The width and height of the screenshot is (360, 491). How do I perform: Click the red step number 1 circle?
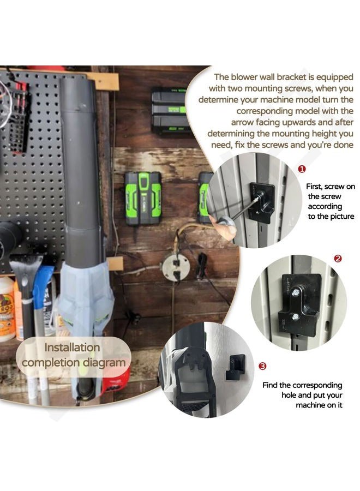coord(302,169)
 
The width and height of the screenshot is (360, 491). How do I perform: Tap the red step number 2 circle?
coord(338,259)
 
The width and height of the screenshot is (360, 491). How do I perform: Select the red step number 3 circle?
coord(262,366)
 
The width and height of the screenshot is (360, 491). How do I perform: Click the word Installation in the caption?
coord(72,348)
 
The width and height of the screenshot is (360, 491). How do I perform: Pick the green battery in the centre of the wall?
coord(143,199)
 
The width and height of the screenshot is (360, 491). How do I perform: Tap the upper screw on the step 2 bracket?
coord(296,292)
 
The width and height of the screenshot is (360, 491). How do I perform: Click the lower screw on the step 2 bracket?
coord(295,317)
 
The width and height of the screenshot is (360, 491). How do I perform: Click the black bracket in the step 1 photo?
coord(261,203)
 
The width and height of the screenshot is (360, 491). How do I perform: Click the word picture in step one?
coord(343,217)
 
